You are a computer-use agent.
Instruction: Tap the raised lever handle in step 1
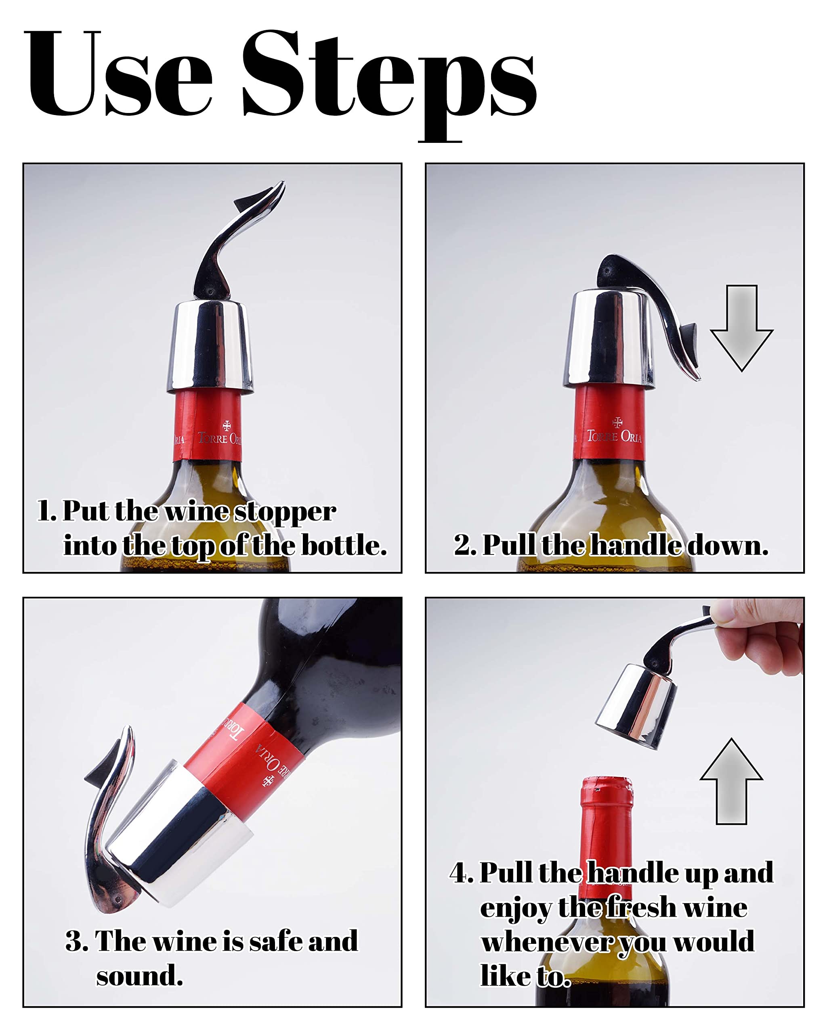(x=236, y=240)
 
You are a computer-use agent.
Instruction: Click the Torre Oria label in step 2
(x=614, y=436)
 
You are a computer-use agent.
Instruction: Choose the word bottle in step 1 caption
(x=343, y=545)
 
